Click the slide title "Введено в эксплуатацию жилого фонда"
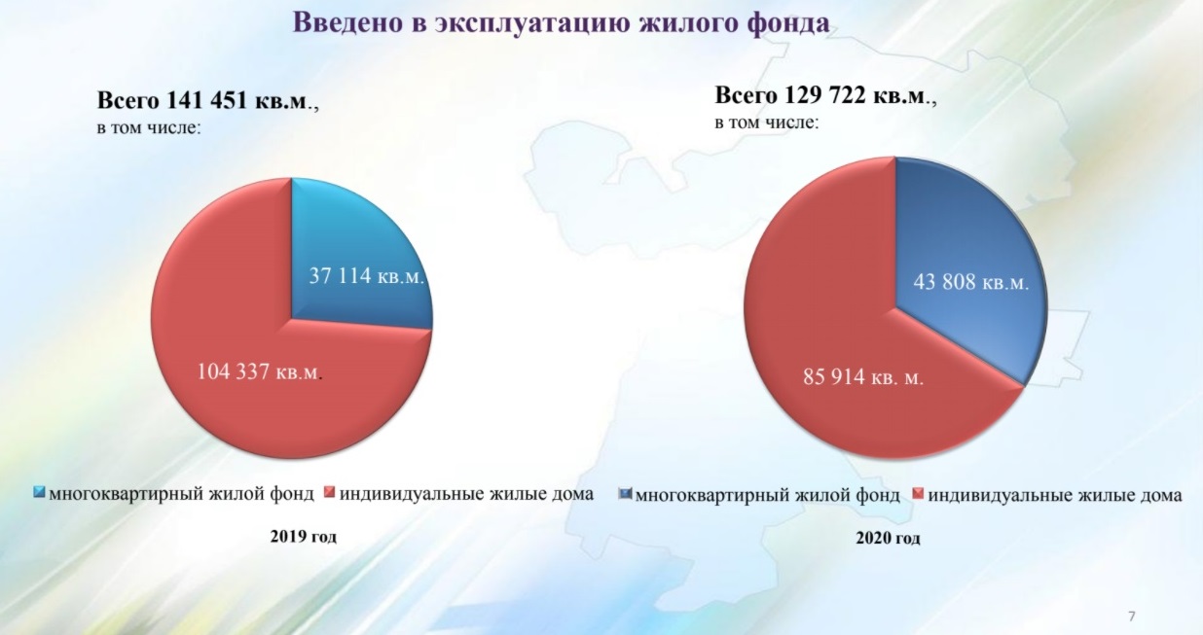tap(562, 22)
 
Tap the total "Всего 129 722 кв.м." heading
tap(825, 96)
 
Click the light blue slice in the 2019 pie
tap(354, 241)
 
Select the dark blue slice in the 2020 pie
tap(966, 258)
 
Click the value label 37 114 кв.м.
tap(367, 276)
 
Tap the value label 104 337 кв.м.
tap(259, 371)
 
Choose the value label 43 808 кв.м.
tap(971, 282)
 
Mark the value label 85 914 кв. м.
tap(863, 376)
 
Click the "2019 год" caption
tap(304, 536)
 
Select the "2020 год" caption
tap(888, 538)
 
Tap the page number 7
tap(1132, 616)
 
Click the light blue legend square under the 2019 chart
tap(39, 492)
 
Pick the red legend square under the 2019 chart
tap(330, 492)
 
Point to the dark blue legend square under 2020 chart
tap(625, 493)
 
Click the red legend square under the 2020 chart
tap(918, 493)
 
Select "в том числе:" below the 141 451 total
tap(149, 128)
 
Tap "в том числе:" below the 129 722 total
tap(767, 123)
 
